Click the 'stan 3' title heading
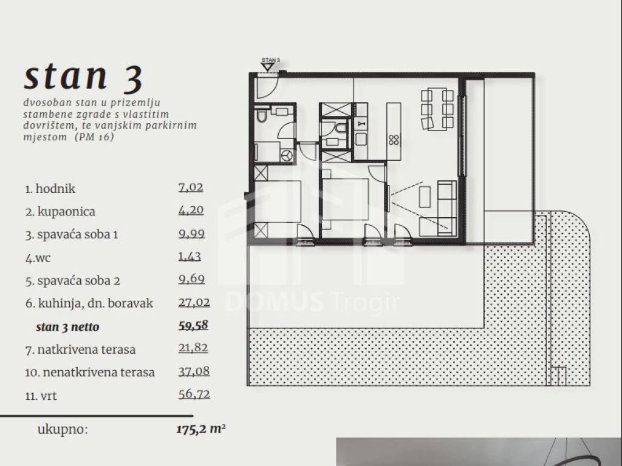83,77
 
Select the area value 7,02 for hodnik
191,187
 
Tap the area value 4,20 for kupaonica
191,210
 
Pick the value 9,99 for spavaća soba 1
191,234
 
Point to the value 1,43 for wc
190,257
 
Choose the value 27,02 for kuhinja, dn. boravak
194,302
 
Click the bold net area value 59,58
193,325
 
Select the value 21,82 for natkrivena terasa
193,348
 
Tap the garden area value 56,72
194,394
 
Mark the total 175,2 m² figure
201,429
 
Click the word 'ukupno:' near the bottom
63,429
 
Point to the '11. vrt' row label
41,396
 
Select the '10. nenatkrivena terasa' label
90,373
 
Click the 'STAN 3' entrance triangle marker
268,67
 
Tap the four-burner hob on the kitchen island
394,140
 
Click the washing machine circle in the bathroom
287,155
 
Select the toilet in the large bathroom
261,116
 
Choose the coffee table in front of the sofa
425,197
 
